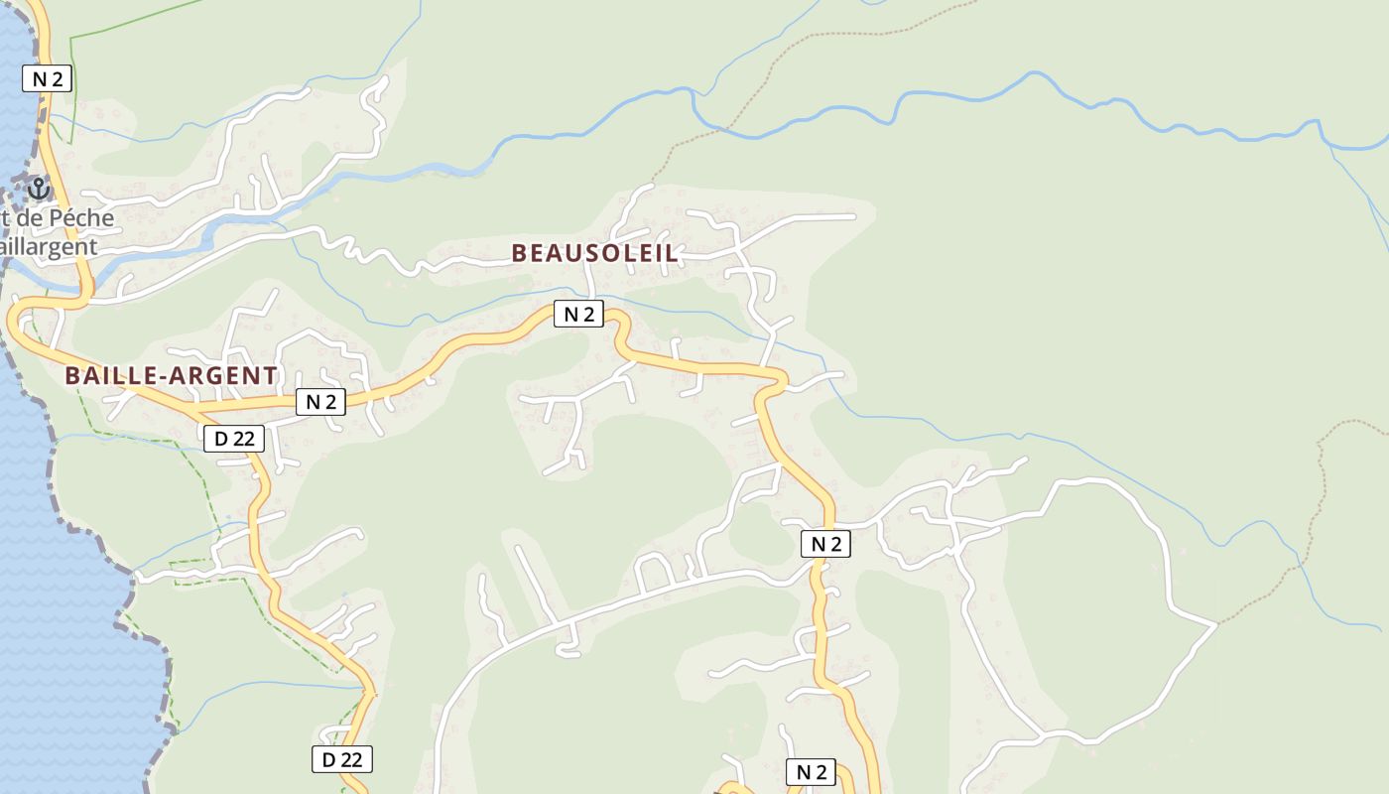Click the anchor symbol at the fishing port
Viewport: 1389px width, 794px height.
point(39,187)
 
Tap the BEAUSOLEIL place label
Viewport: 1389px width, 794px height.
point(595,253)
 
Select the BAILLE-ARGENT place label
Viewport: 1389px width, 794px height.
point(171,375)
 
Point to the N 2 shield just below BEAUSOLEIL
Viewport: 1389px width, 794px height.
point(578,315)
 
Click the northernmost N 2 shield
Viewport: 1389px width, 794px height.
point(47,79)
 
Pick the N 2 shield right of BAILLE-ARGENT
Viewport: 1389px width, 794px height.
point(320,402)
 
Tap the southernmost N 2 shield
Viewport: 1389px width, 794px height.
point(811,772)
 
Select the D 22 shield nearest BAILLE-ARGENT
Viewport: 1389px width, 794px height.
point(234,438)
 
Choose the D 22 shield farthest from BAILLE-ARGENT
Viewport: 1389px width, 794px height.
point(342,759)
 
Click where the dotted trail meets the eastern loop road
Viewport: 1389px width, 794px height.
point(1216,624)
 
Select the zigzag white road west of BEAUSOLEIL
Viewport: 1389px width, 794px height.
point(377,254)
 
